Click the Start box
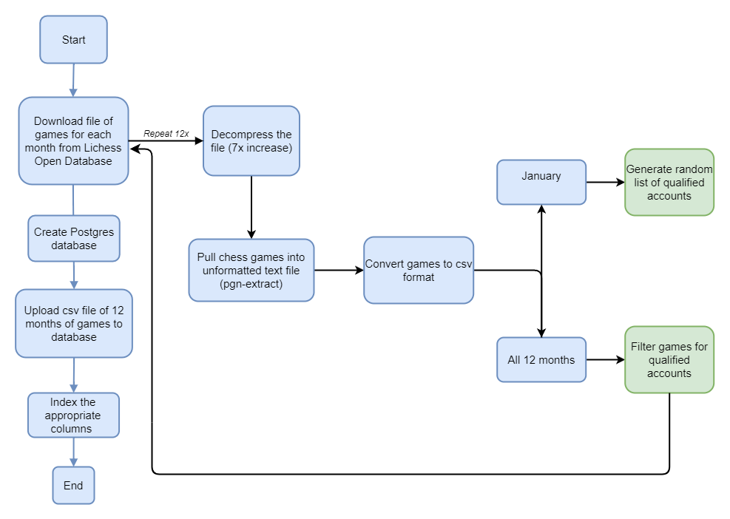(x=73, y=40)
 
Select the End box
(x=73, y=486)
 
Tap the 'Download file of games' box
(x=73, y=140)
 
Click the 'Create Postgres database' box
(x=73, y=238)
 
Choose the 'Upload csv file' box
(x=73, y=324)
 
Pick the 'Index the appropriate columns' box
(x=73, y=415)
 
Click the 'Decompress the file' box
(x=251, y=140)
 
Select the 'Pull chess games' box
(x=251, y=270)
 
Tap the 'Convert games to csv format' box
(x=418, y=270)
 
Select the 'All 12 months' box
(x=541, y=360)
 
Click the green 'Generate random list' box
(x=669, y=182)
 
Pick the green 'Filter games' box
(x=669, y=360)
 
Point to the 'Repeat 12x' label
(x=166, y=133)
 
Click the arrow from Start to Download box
(x=73, y=80)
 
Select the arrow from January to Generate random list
(x=605, y=182)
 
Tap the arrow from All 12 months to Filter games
(x=605, y=360)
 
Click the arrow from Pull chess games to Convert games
(x=339, y=270)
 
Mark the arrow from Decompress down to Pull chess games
(x=251, y=207)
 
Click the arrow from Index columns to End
(x=73, y=452)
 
